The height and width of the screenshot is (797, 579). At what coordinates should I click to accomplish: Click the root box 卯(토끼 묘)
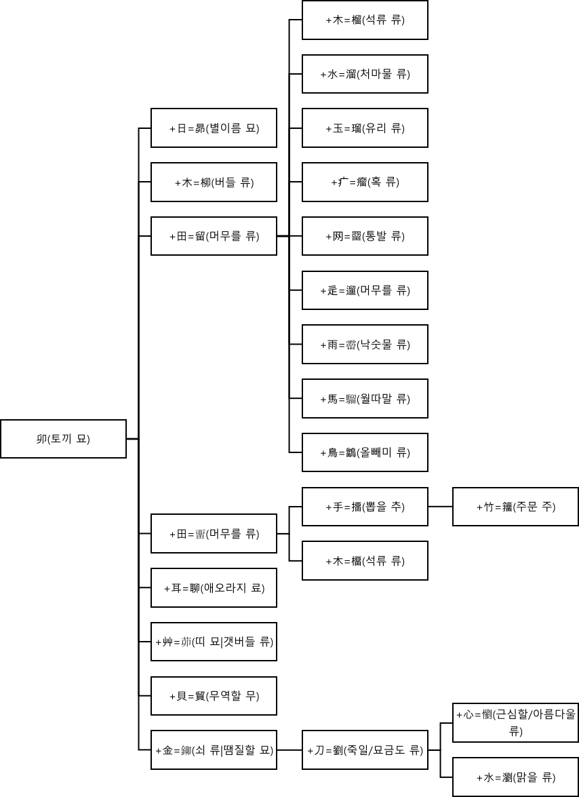coord(63,439)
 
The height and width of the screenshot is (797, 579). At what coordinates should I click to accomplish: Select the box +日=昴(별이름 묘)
coord(214,128)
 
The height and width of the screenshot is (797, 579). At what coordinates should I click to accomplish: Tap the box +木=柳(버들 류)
coord(214,182)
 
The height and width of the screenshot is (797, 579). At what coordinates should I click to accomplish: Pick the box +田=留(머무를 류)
coord(214,236)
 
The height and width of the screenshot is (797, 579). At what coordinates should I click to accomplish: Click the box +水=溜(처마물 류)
coord(365,74)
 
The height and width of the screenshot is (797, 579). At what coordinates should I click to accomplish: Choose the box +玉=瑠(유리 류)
coord(365,128)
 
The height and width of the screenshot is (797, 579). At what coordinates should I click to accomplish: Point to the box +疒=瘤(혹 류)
coord(365,182)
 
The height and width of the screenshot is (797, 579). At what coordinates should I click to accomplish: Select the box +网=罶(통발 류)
coord(365,236)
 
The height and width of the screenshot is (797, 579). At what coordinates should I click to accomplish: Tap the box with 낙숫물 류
coord(365,344)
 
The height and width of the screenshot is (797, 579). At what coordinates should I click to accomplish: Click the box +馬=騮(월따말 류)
coord(365,398)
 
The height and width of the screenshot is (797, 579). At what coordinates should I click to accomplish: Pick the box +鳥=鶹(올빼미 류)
coord(365,452)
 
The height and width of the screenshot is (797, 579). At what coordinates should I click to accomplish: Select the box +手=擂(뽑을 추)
coord(365,507)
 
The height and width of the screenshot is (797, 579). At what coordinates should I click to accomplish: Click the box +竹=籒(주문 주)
coord(515,507)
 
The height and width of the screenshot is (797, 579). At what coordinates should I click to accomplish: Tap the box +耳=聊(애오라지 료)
coord(214,587)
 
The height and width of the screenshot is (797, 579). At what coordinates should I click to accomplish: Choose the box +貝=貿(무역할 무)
coord(214,696)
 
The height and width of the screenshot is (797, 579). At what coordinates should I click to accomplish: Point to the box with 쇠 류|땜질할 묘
coord(214,750)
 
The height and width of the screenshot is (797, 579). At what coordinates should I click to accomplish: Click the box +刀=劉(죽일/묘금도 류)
coord(365,750)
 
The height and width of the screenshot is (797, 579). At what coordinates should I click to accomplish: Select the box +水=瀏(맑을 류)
coord(515,777)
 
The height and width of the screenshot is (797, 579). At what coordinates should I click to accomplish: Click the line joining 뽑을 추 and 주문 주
coord(440,507)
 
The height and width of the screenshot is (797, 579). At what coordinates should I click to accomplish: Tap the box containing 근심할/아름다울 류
coord(515,722)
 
